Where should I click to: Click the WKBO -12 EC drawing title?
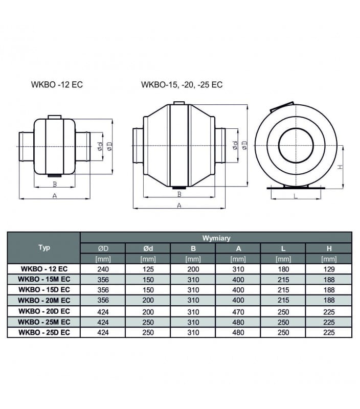pos(57,84)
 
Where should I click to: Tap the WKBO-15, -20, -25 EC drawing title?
pos(182,84)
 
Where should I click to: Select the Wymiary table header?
pos(216,238)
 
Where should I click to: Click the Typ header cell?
pos(44,247)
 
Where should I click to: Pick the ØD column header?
pos(103,248)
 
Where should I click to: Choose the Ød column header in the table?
pos(148,248)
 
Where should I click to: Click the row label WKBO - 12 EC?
pos(44,269)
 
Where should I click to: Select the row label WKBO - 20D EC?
pos(44,311)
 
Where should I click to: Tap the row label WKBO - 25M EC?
pos(44,322)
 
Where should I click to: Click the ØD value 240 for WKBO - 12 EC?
pos(103,269)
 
